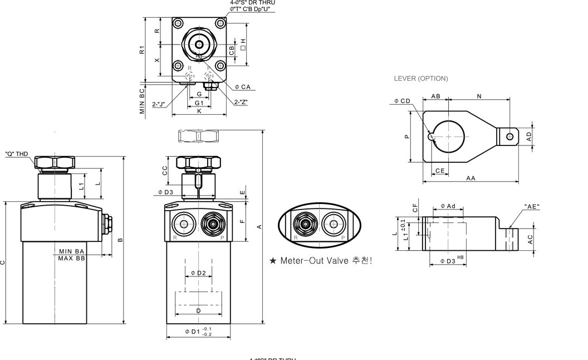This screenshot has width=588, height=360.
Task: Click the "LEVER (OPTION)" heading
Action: pos(420,79)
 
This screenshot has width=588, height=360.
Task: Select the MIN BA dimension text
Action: pos(72,252)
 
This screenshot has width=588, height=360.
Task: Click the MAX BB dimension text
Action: pos(72,259)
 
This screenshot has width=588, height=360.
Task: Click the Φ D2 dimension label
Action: pos(198,273)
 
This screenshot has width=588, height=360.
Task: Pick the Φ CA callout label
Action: pos(243,87)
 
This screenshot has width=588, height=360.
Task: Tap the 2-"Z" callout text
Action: pos(241,102)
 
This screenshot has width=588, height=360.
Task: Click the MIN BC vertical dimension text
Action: pos(143,100)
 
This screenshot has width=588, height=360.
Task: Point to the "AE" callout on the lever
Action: pos(532,207)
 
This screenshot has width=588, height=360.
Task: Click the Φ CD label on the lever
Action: pos(402,101)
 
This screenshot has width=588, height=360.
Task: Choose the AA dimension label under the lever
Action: pos(471,178)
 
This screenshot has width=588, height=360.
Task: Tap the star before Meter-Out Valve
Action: pos(273,260)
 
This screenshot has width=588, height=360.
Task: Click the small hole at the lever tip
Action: pos(509,135)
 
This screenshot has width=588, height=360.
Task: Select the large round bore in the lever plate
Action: pos(449,135)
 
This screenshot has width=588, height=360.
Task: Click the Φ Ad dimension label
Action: pos(448,207)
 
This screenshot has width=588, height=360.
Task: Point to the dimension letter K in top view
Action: pos(199,111)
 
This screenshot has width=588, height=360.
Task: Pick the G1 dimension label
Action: pos(199,103)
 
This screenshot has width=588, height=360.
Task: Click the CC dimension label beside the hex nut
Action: pos(165,171)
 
